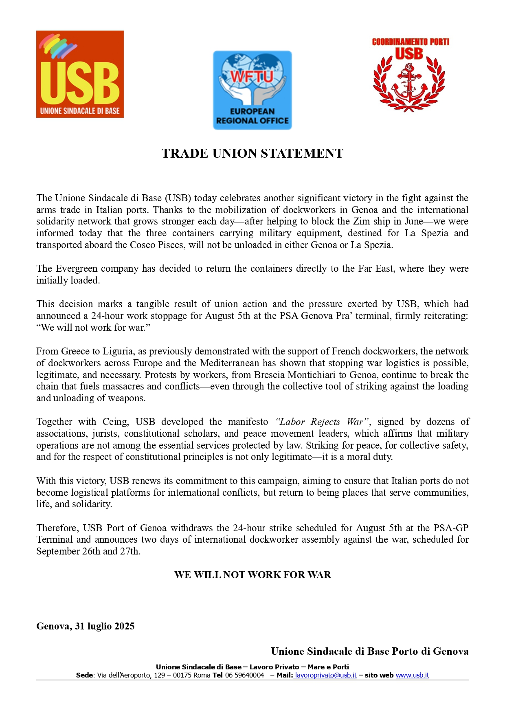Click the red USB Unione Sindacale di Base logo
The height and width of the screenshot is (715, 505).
pos(80,74)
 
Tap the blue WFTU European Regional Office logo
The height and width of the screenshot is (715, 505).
pos(253,90)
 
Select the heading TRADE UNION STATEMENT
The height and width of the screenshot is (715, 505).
pos(253,153)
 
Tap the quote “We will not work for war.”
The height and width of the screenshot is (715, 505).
pos(93,328)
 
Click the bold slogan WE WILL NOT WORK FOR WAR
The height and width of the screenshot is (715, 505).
pos(253,575)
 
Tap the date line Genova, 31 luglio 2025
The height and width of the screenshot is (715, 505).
pos(85,626)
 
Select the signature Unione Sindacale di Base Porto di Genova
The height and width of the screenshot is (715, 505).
pos(369,651)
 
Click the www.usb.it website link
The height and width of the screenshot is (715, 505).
pos(412,675)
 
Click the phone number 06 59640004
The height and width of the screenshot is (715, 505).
pos(244,675)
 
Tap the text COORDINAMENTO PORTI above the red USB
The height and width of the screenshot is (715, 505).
pos(411,42)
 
